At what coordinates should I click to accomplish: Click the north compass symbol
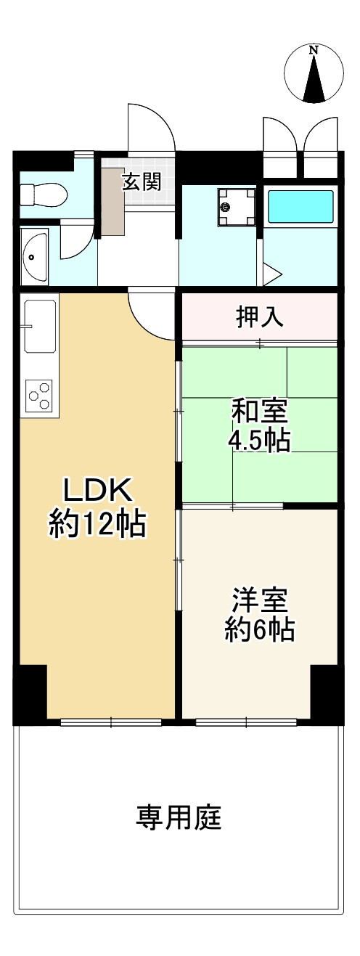pyautogui.click(x=314, y=75)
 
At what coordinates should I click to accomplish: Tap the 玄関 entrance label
pyautogui.click(x=141, y=181)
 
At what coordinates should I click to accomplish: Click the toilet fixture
pyautogui.click(x=44, y=195)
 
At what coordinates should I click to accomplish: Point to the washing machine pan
pyautogui.click(x=237, y=206)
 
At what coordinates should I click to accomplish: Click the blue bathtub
pyautogui.click(x=300, y=207)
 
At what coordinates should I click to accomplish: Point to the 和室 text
pyautogui.click(x=259, y=412)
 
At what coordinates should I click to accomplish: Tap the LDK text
pyautogui.click(x=97, y=491)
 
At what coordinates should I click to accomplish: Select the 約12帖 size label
pyautogui.click(x=97, y=523)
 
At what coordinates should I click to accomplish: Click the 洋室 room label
pyautogui.click(x=260, y=600)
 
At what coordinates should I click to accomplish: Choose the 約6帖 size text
pyautogui.click(x=260, y=630)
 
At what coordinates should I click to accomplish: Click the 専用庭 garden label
pyautogui.click(x=179, y=818)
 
